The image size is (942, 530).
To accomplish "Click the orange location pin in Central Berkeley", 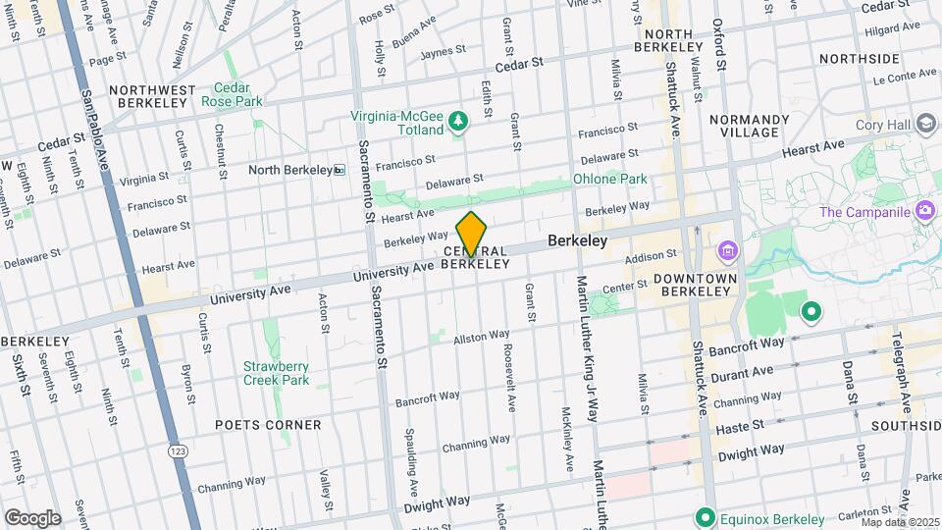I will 472,233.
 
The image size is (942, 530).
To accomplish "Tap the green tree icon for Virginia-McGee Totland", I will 457,121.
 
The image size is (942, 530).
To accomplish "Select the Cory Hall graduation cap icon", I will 925,124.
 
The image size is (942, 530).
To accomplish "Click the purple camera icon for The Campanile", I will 923,211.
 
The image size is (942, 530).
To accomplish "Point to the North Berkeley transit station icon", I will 340,170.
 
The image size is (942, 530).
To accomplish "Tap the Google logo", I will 31,517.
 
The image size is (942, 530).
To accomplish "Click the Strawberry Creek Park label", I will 276,373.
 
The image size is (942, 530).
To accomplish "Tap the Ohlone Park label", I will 609,180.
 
